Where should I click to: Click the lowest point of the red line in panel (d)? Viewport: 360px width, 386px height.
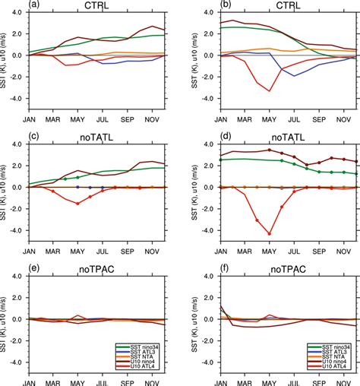(269, 233)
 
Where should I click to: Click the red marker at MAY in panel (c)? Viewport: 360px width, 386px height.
(77, 203)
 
